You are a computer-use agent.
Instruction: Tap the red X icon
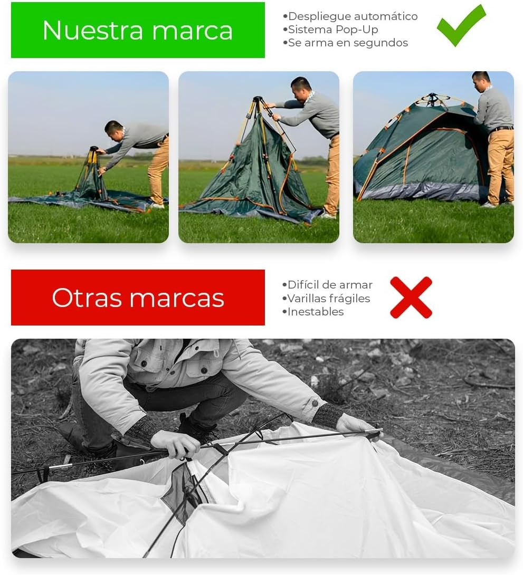click(411, 298)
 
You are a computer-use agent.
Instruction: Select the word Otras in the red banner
click(84, 298)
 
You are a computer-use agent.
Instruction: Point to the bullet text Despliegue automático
click(353, 16)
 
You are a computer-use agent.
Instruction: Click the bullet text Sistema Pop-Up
click(332, 30)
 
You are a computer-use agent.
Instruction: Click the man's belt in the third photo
click(502, 128)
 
